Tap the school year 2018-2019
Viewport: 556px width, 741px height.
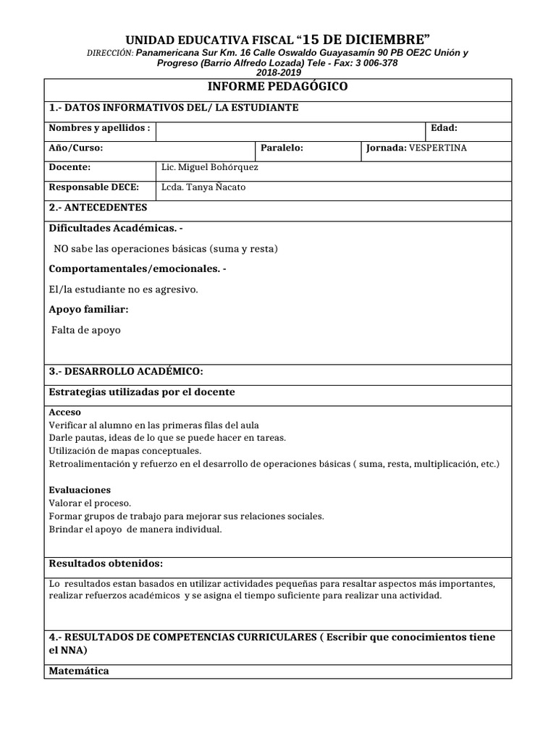pyautogui.click(x=277, y=73)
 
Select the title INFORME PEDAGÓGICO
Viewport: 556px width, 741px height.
pyautogui.click(x=277, y=87)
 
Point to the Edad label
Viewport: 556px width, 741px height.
pyautogui.click(x=444, y=128)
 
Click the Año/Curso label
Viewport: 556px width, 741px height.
pyautogui.click(x=76, y=148)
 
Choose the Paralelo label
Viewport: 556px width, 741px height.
pyautogui.click(x=282, y=148)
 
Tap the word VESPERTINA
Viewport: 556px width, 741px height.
pyautogui.click(x=438, y=148)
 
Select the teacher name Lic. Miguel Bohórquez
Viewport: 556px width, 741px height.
pyautogui.click(x=209, y=167)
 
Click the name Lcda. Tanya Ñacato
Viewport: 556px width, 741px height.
pyautogui.click(x=203, y=187)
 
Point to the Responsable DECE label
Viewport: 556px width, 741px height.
pyautogui.click(x=93, y=187)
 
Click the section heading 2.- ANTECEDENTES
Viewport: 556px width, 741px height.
pyautogui.click(x=98, y=207)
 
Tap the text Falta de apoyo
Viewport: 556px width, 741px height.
pyautogui.click(x=86, y=330)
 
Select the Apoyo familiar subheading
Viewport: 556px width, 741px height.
pyautogui.click(x=88, y=309)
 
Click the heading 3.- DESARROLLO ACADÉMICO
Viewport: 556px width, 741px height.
pyautogui.click(x=126, y=371)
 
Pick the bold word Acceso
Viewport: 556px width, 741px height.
pyautogui.click(x=64, y=412)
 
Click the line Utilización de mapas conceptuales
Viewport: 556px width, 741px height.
pyautogui.click(x=125, y=450)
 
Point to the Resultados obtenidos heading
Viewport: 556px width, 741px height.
pyautogui.click(x=105, y=563)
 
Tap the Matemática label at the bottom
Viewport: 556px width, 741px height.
pyautogui.click(x=78, y=670)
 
